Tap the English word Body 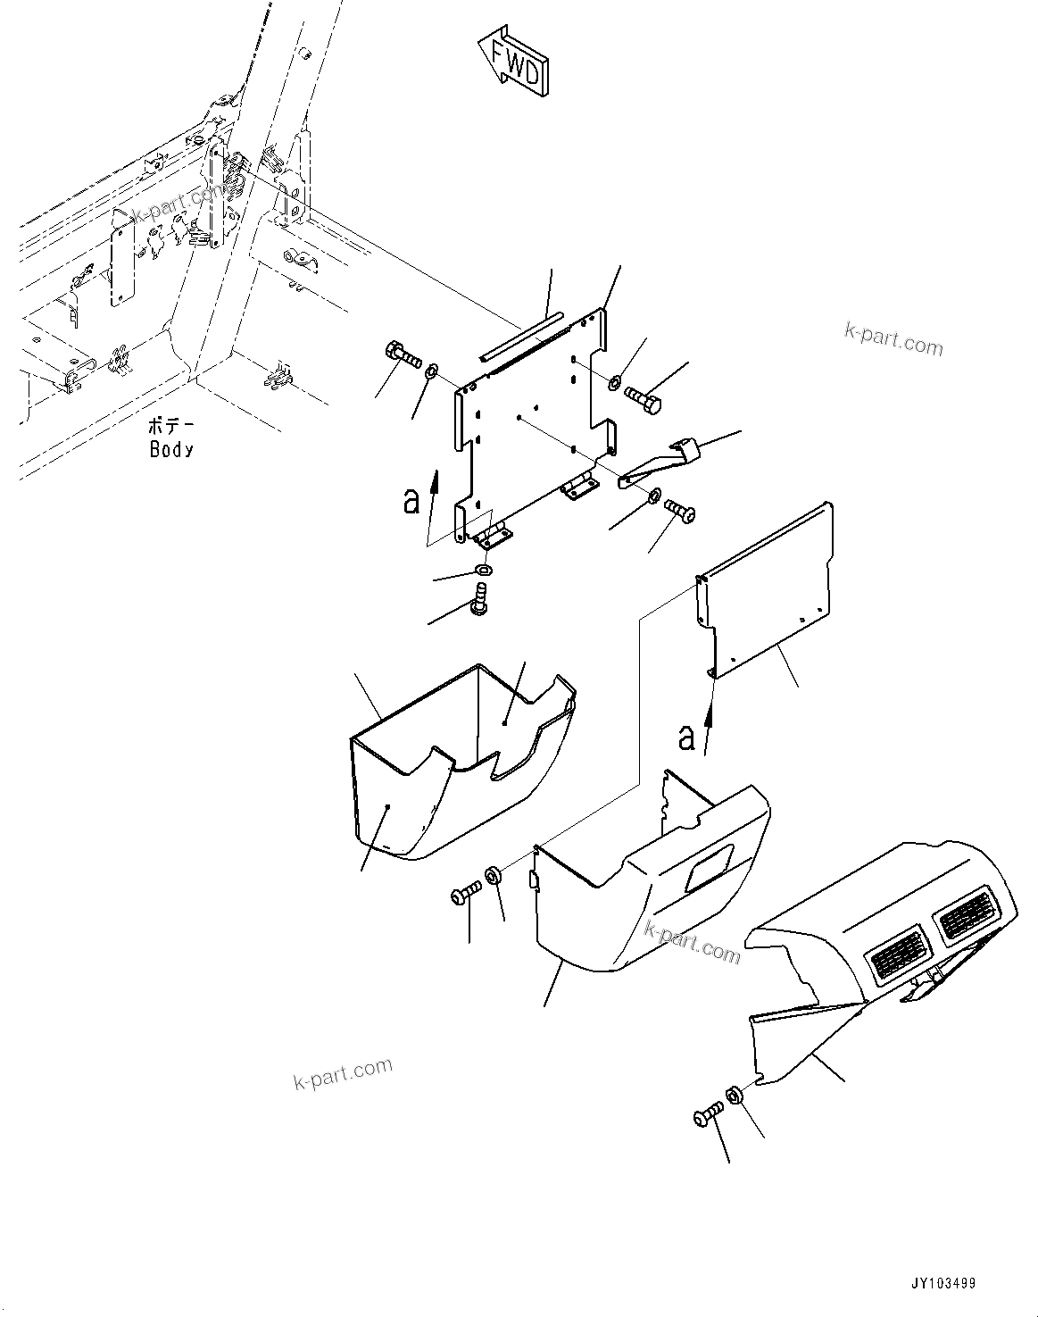coord(171,449)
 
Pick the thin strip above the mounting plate coord(521,337)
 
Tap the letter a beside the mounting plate coord(411,501)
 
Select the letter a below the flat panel coord(685,738)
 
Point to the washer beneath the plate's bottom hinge coord(482,571)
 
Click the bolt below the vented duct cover coord(706,1116)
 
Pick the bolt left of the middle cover coord(466,891)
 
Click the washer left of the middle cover coord(493,875)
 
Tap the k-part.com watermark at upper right coord(893,338)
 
